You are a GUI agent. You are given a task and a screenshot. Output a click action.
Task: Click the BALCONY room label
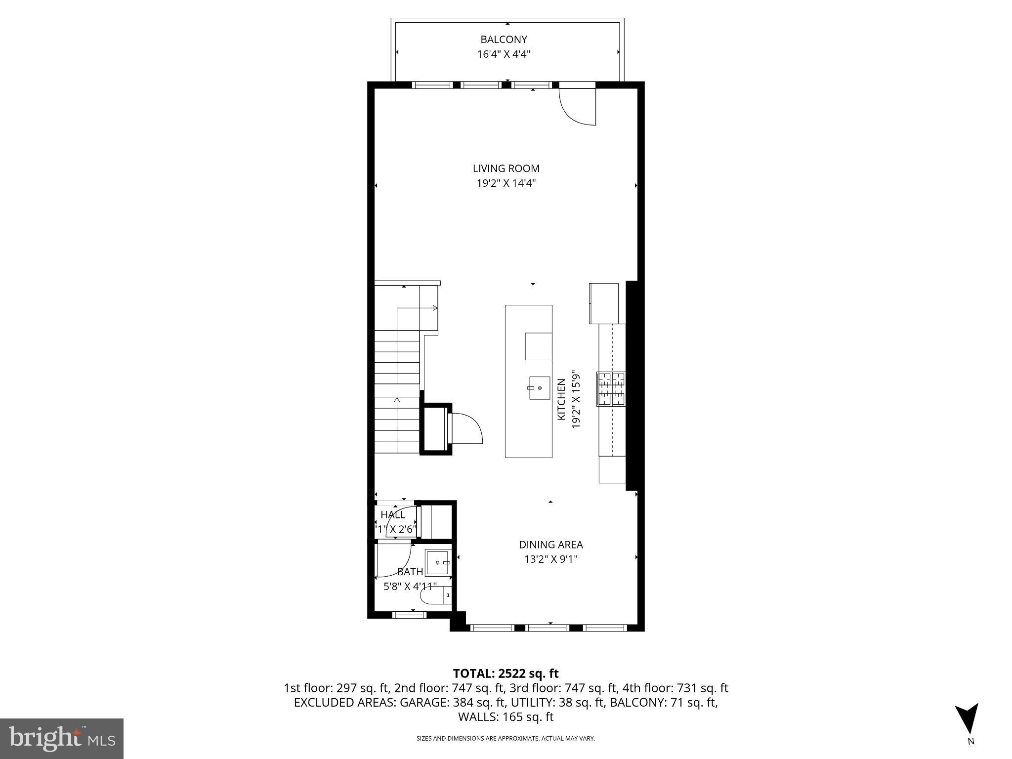point(504,40)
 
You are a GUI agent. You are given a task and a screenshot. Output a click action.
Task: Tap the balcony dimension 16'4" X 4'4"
point(504,54)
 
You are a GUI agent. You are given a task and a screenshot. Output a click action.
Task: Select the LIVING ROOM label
point(506,169)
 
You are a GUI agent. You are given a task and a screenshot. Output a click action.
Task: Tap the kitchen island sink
point(539,388)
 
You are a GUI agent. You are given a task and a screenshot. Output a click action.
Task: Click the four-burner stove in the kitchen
point(612,389)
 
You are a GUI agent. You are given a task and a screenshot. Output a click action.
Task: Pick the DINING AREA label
point(550,545)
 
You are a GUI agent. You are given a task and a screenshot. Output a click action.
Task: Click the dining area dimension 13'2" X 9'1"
point(550,559)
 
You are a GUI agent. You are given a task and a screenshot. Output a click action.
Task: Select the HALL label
point(393,515)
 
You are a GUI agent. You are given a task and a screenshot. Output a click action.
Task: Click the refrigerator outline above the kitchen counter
point(604,303)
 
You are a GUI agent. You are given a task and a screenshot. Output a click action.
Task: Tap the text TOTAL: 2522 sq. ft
point(506,674)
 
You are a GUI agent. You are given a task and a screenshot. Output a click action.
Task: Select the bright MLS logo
point(62,738)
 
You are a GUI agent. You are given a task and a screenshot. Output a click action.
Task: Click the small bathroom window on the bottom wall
point(409,615)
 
